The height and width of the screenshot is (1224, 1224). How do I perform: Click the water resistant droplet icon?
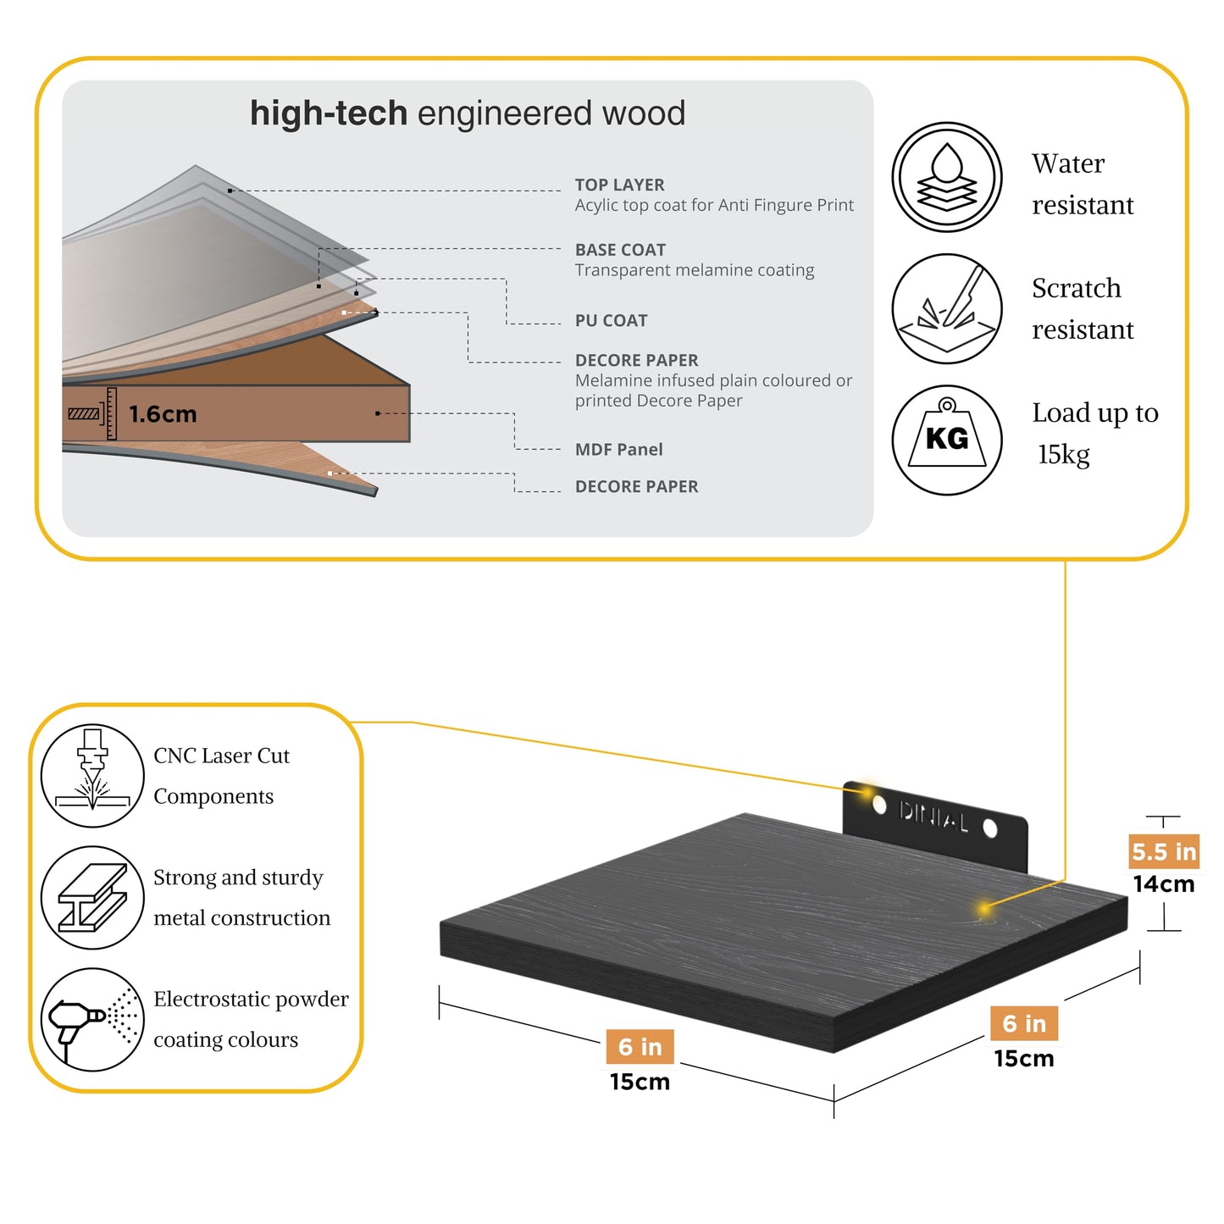(x=946, y=177)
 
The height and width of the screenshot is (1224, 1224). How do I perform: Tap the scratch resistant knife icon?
(x=946, y=308)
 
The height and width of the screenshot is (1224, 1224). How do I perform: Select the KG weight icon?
(x=946, y=440)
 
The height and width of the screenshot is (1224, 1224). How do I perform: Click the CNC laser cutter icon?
(x=92, y=776)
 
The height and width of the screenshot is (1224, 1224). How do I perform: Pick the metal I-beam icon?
(x=92, y=897)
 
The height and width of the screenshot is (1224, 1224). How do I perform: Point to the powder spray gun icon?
(x=92, y=1019)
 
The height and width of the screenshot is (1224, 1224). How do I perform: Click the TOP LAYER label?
(x=619, y=185)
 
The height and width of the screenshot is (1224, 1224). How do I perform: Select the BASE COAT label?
(x=620, y=250)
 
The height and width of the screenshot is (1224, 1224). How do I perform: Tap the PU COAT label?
(x=611, y=321)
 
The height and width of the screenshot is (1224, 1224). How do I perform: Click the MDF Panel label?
(x=618, y=450)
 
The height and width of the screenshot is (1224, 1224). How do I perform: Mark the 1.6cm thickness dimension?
(x=163, y=414)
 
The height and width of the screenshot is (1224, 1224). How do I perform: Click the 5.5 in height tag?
(x=1164, y=852)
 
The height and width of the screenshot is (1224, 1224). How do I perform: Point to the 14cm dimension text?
(x=1164, y=884)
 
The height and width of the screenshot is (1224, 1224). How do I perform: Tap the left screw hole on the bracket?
(x=879, y=806)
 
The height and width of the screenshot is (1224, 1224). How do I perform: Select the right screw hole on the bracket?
(x=989, y=828)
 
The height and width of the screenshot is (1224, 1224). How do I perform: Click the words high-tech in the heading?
(x=329, y=113)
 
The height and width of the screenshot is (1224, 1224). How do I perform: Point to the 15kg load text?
(x=1063, y=455)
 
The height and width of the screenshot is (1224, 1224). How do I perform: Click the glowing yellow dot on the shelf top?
(x=984, y=909)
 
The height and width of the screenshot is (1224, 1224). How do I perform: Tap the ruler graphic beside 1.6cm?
(x=112, y=413)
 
